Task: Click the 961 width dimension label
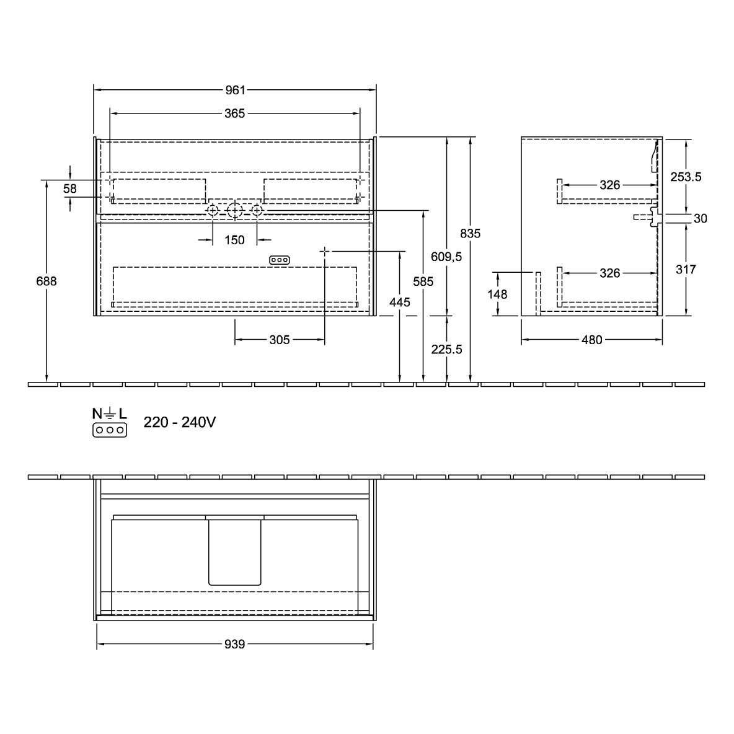coord(235,90)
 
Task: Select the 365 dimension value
coord(234,113)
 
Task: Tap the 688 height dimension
coord(46,281)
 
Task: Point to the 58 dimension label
coord(70,188)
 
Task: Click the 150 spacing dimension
coord(234,240)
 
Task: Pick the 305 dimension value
coord(280,340)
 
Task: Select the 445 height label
coord(400,303)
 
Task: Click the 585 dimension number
coord(423,281)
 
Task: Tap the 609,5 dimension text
coord(446,257)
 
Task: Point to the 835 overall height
coord(470,233)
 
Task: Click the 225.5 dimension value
coord(446,349)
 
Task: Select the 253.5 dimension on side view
coord(686,177)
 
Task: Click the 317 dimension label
coord(686,269)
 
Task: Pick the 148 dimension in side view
coord(497,294)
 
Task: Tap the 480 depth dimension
coord(591,340)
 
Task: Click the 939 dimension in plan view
coord(234,644)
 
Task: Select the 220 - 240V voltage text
coord(180,422)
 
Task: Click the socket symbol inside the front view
coord(280,260)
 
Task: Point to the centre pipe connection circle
coord(234,211)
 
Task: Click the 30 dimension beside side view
coord(701,218)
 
